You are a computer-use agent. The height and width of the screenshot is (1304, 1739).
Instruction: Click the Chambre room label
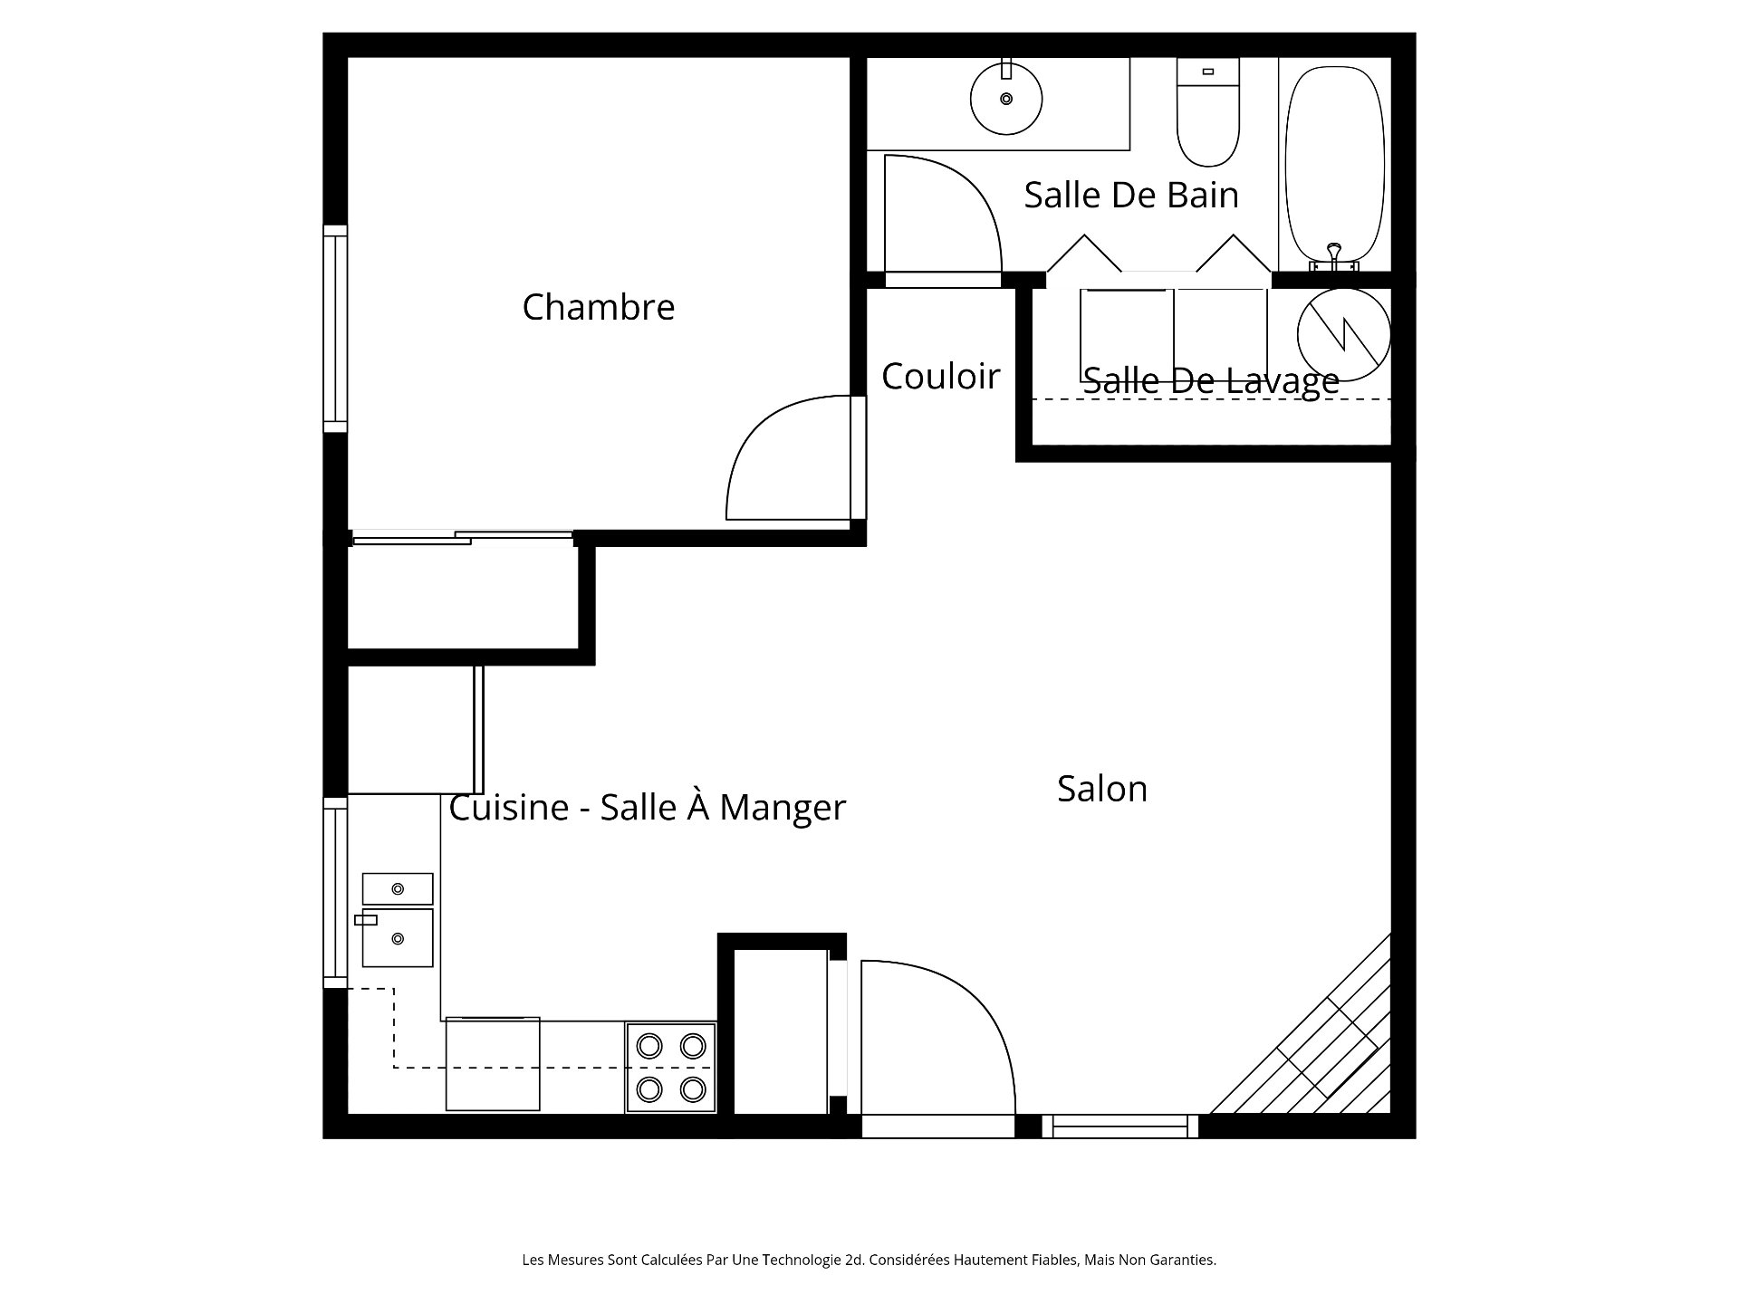coord(598,308)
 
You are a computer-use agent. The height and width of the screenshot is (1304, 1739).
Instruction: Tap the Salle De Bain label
coord(1130,196)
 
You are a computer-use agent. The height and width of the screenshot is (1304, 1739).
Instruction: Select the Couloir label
coord(940,377)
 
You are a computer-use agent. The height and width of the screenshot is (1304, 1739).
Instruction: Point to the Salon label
coord(1101,790)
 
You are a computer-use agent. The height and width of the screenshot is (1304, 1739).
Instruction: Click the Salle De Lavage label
coord(1210,381)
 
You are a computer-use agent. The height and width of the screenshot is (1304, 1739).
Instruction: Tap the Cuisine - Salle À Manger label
coord(647,808)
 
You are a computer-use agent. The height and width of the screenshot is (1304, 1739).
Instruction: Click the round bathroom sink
coord(1005,99)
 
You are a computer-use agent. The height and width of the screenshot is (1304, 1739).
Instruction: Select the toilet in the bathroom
coord(1207,118)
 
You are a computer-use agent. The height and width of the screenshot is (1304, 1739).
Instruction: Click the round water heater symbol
coord(1343,335)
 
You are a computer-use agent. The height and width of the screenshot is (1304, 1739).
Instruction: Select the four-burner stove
coord(670,1068)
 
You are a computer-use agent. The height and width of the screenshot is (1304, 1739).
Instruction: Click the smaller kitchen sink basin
coord(397,888)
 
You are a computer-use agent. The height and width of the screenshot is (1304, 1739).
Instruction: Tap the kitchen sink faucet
coord(366,920)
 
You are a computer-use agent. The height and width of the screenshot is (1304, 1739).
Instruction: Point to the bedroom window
coord(335,328)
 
